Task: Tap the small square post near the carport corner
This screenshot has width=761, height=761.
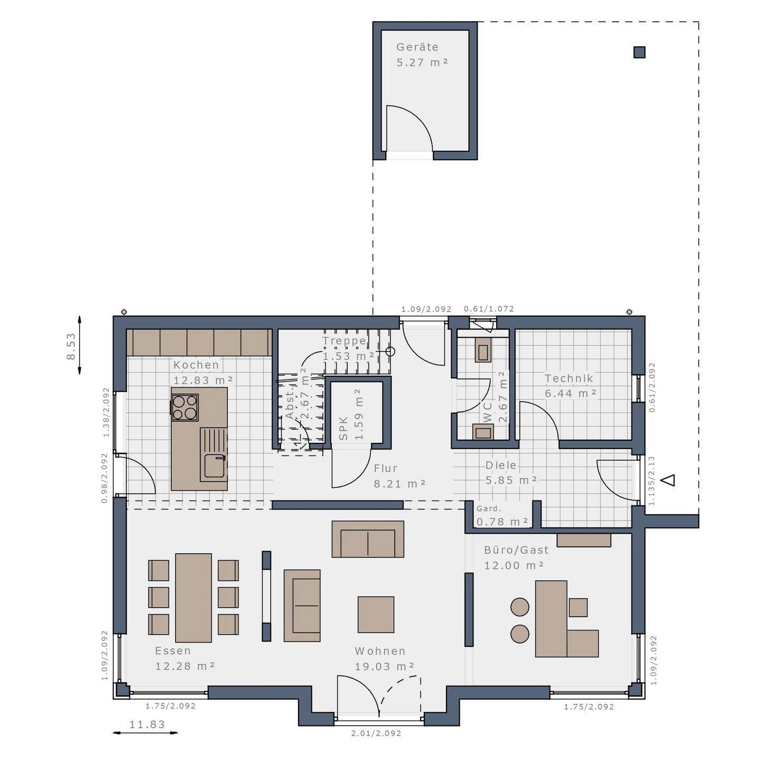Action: [639, 52]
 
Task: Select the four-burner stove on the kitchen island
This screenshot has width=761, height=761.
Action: [185, 407]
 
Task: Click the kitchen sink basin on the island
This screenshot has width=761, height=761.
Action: [214, 466]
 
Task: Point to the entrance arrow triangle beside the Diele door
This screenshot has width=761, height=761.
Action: [669, 480]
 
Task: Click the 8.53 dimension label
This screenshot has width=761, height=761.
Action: [71, 346]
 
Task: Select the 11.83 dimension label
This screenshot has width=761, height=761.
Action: [147, 725]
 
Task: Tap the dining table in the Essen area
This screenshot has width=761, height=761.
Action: [193, 598]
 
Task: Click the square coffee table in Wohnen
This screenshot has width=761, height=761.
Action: [376, 614]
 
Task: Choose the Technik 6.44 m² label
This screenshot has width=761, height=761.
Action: [570, 386]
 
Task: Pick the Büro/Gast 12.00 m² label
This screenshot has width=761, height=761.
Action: [516, 558]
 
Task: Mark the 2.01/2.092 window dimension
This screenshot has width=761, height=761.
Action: [376, 733]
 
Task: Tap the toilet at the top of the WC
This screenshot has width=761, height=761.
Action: [482, 350]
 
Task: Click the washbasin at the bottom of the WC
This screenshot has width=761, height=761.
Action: [483, 432]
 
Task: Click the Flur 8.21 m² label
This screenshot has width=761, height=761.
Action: [399, 476]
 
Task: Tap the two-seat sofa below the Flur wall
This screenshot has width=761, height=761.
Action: [368, 539]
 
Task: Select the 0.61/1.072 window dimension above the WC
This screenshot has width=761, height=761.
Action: [489, 309]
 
